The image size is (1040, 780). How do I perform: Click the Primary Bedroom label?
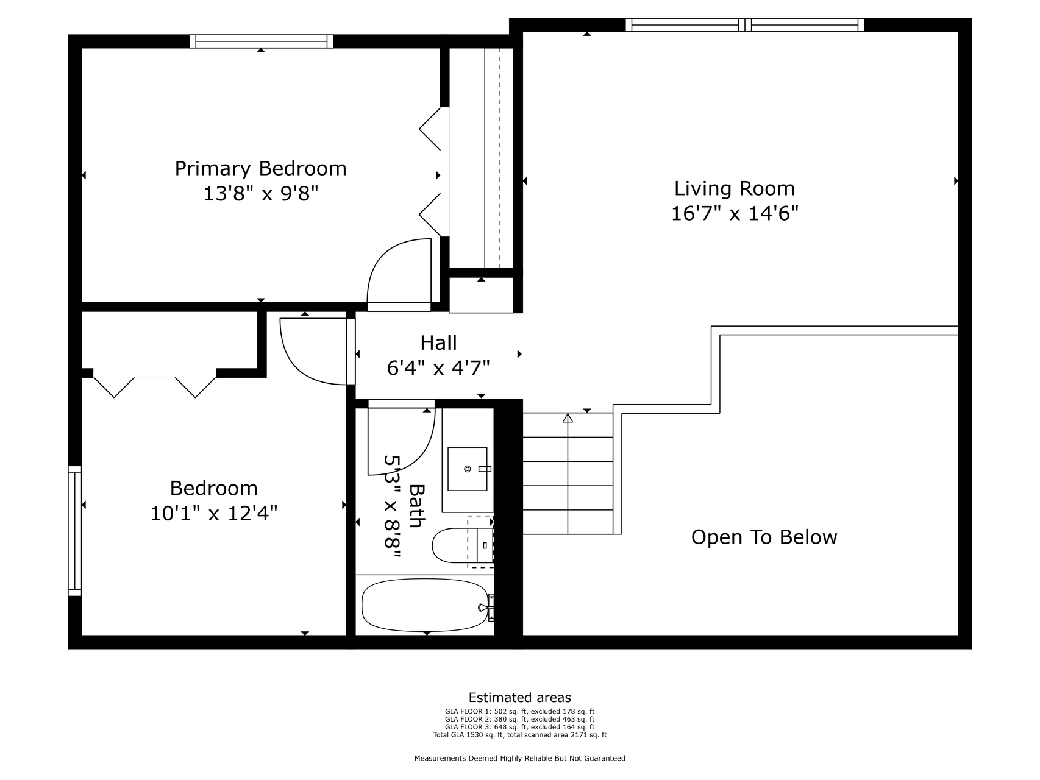260,168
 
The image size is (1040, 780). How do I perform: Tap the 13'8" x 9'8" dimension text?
260,194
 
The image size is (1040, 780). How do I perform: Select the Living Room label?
734,188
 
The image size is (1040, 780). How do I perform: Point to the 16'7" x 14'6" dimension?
735,213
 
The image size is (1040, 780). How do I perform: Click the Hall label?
438,342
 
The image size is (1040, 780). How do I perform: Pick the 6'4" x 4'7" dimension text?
438,367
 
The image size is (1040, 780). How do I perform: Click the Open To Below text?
764,537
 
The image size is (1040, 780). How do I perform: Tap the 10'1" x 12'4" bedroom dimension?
213,514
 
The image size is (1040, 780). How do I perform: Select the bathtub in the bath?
425,605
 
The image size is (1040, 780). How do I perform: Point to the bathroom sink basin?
468,469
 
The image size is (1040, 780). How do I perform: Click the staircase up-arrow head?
568,418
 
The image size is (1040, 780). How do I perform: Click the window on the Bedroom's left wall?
74,531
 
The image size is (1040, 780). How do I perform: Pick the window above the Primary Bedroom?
261,41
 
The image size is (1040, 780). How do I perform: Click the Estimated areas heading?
519,698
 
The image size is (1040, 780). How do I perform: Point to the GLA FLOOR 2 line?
519,719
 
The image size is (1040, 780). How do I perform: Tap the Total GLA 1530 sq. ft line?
519,735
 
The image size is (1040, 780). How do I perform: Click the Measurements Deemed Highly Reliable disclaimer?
519,759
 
